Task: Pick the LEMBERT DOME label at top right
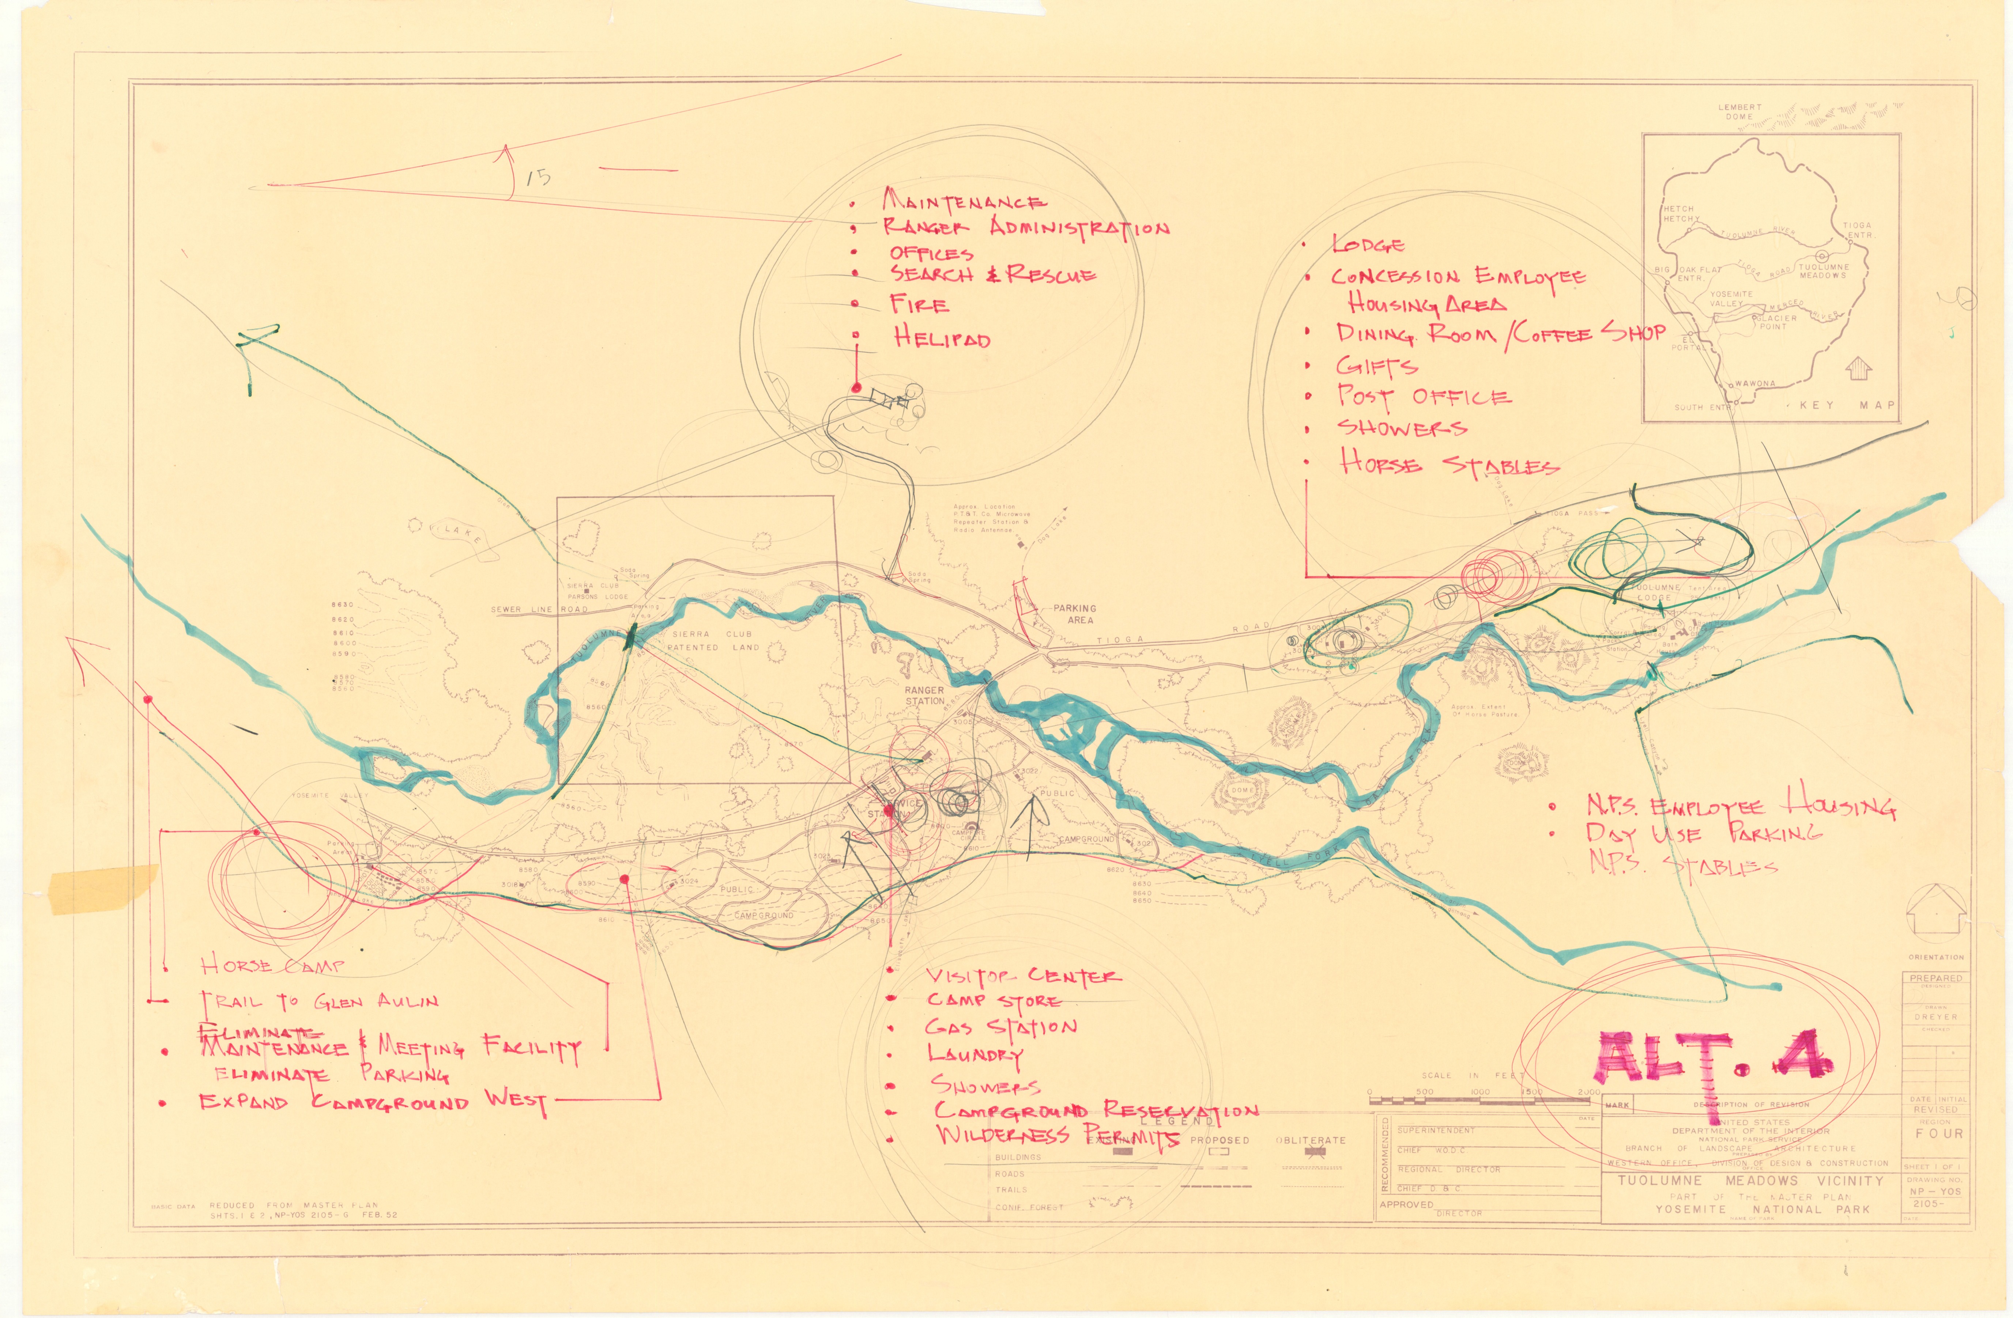pos(1740,111)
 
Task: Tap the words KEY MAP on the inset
pos(1847,405)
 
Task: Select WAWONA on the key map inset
pos(1755,383)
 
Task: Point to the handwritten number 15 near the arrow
pos(538,177)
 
